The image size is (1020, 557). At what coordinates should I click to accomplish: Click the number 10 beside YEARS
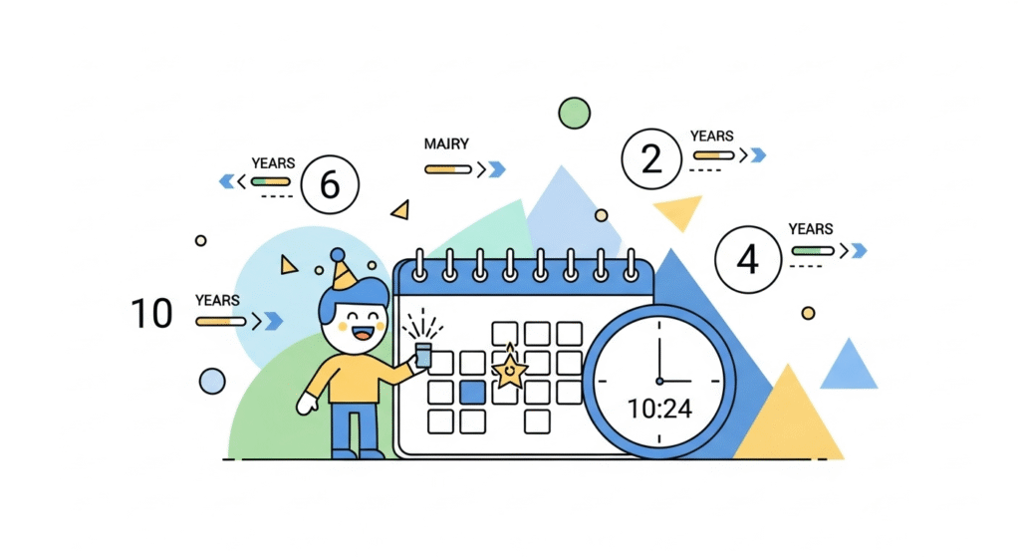152,313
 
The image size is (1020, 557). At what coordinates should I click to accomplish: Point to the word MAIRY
446,144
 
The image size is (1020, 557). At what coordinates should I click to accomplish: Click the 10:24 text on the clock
658,408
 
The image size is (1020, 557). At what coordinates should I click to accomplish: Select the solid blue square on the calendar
473,392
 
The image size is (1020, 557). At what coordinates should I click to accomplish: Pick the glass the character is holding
423,354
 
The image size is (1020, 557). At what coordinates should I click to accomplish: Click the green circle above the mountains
574,113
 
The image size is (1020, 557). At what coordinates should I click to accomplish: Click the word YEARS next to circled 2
712,136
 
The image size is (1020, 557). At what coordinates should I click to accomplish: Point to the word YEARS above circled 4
811,229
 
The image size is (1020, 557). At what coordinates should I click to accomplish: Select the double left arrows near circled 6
228,181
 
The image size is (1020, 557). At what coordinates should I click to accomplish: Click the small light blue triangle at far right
848,364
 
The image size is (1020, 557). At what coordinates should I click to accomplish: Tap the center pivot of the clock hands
658,381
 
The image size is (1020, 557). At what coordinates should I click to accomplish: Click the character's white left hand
307,403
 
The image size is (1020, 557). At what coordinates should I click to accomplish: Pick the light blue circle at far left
212,381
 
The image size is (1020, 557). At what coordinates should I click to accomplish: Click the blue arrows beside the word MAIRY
493,169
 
